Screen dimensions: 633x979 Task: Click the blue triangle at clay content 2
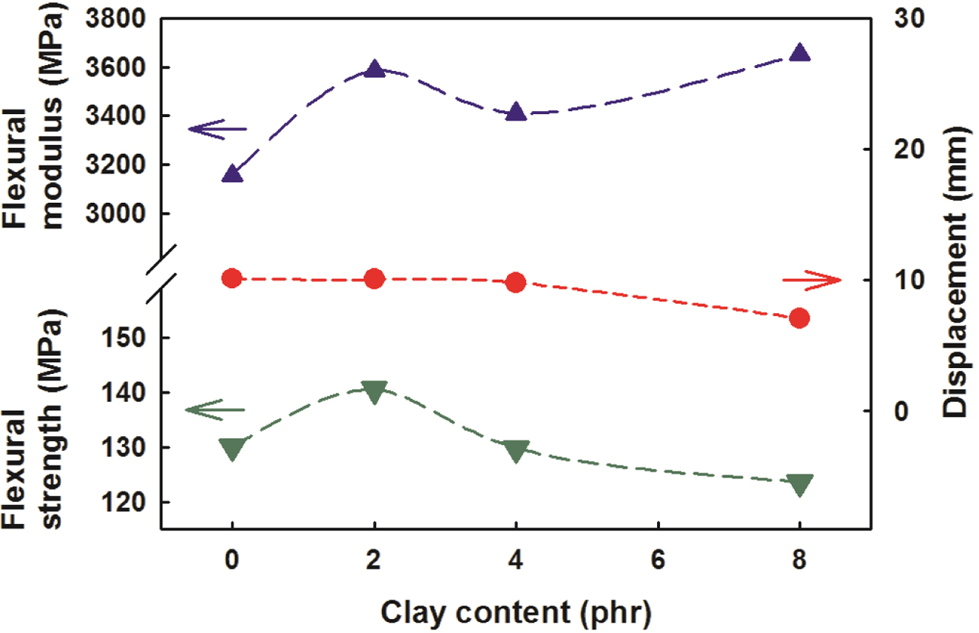(x=374, y=70)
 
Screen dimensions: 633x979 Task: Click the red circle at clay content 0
(x=232, y=278)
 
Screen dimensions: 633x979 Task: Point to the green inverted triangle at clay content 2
(x=374, y=391)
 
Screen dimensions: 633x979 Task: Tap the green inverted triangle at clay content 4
(x=516, y=450)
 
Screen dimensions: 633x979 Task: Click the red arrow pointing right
(x=812, y=280)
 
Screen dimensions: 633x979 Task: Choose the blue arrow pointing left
(x=217, y=129)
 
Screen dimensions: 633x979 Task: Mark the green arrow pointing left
(x=214, y=409)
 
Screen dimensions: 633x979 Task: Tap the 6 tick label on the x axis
(x=658, y=562)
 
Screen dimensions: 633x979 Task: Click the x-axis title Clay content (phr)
(x=516, y=612)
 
